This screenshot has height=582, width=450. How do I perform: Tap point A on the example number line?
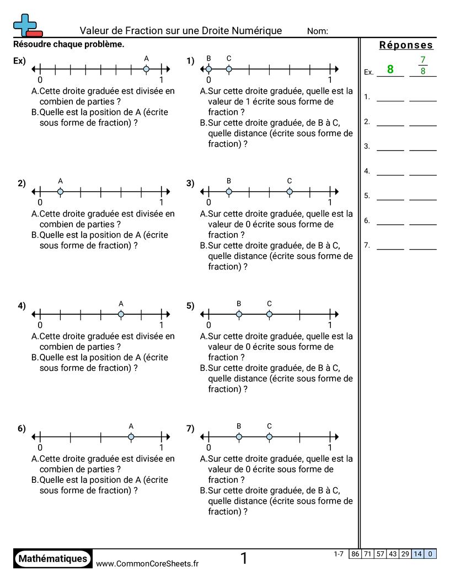(x=146, y=69)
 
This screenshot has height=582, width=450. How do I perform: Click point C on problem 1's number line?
(x=229, y=69)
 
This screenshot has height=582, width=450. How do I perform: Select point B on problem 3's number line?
(x=229, y=192)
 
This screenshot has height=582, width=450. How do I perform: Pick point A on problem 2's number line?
(x=60, y=192)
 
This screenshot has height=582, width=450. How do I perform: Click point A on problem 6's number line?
(x=131, y=437)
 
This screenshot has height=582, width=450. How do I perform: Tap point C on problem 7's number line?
(x=269, y=437)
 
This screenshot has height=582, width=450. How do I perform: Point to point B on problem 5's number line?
(x=239, y=315)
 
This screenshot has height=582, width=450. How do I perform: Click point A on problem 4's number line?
(x=121, y=315)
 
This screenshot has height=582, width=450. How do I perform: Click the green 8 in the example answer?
(x=390, y=69)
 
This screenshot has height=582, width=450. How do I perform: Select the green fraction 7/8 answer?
(x=423, y=65)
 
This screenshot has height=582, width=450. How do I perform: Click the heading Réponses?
(x=406, y=45)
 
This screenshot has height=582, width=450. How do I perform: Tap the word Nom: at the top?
(x=318, y=31)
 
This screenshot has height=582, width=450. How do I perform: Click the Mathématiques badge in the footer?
(x=53, y=559)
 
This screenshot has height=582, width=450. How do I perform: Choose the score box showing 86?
(x=355, y=554)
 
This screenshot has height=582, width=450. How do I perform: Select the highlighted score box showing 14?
(x=417, y=554)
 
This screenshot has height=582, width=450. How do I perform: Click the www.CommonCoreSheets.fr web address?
(x=147, y=563)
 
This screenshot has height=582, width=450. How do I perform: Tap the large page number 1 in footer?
(x=244, y=559)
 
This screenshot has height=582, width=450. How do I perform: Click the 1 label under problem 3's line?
(x=330, y=202)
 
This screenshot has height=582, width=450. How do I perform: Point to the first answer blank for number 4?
(x=390, y=175)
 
